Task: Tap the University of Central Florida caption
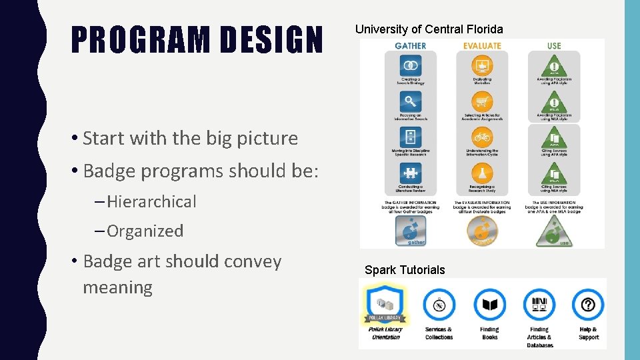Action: (x=429, y=29)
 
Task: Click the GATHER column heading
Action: (x=410, y=46)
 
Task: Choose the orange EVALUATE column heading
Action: (x=481, y=46)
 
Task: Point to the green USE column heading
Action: (x=553, y=46)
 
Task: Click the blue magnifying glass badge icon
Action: (x=411, y=101)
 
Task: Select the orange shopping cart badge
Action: (x=482, y=101)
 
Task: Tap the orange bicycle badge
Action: (x=482, y=137)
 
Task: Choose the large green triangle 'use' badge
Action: (x=553, y=231)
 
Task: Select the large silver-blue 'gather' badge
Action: (x=411, y=231)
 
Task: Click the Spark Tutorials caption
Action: (x=405, y=270)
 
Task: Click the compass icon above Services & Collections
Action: (x=439, y=305)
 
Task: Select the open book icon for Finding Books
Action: (x=490, y=305)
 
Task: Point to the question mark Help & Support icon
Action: (x=588, y=305)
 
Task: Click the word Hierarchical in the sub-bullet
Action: (x=151, y=201)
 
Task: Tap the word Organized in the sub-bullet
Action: (x=145, y=231)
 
